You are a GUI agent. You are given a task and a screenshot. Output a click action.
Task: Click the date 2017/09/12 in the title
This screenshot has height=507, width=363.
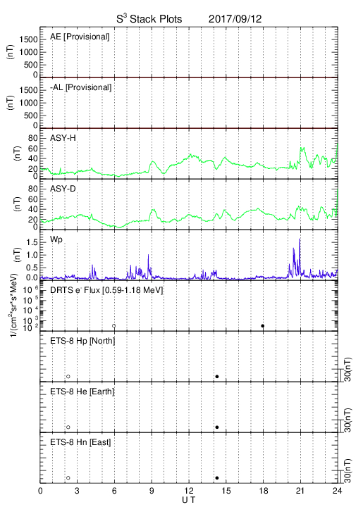click(x=235, y=19)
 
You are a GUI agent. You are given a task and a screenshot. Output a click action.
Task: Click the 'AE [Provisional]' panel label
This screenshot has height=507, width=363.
click(x=80, y=37)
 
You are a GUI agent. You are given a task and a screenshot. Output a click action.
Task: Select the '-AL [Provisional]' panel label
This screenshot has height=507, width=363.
click(x=80, y=87)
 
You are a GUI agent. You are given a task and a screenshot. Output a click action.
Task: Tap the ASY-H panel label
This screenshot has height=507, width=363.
click(x=63, y=138)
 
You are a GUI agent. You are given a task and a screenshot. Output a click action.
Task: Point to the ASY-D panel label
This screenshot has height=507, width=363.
click(x=63, y=189)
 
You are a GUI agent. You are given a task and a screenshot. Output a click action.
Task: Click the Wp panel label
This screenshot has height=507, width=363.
click(x=56, y=240)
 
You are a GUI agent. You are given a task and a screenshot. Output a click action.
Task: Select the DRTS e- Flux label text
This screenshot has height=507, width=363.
click(x=106, y=290)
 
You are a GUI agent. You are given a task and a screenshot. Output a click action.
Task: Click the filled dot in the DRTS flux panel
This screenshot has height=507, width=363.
click(x=263, y=326)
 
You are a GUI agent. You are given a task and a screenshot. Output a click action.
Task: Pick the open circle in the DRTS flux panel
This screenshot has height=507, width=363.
click(x=114, y=326)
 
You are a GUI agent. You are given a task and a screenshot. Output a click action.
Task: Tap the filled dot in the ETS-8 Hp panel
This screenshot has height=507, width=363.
click(x=217, y=376)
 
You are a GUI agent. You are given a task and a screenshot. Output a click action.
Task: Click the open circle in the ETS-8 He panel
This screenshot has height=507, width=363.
click(x=68, y=427)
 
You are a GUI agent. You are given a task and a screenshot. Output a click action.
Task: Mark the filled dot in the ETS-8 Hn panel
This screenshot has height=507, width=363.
click(x=217, y=478)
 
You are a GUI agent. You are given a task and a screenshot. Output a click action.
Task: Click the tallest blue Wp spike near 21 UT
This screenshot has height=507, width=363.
click(x=300, y=239)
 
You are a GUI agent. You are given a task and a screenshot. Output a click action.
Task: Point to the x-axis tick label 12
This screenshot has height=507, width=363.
click(x=189, y=491)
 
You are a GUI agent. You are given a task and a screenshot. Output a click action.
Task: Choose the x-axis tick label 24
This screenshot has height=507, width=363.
click(x=338, y=491)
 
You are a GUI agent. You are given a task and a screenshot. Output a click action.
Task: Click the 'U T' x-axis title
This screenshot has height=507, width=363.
click(x=189, y=500)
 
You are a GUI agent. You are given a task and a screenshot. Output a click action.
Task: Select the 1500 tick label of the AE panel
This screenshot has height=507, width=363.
click(x=28, y=39)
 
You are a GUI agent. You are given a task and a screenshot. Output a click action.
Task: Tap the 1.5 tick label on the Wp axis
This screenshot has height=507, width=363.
click(x=32, y=242)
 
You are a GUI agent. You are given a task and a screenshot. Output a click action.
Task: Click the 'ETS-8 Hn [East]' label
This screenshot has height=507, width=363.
click(x=80, y=442)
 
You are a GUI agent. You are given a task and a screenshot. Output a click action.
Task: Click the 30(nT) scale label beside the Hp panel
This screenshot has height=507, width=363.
click(x=347, y=369)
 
